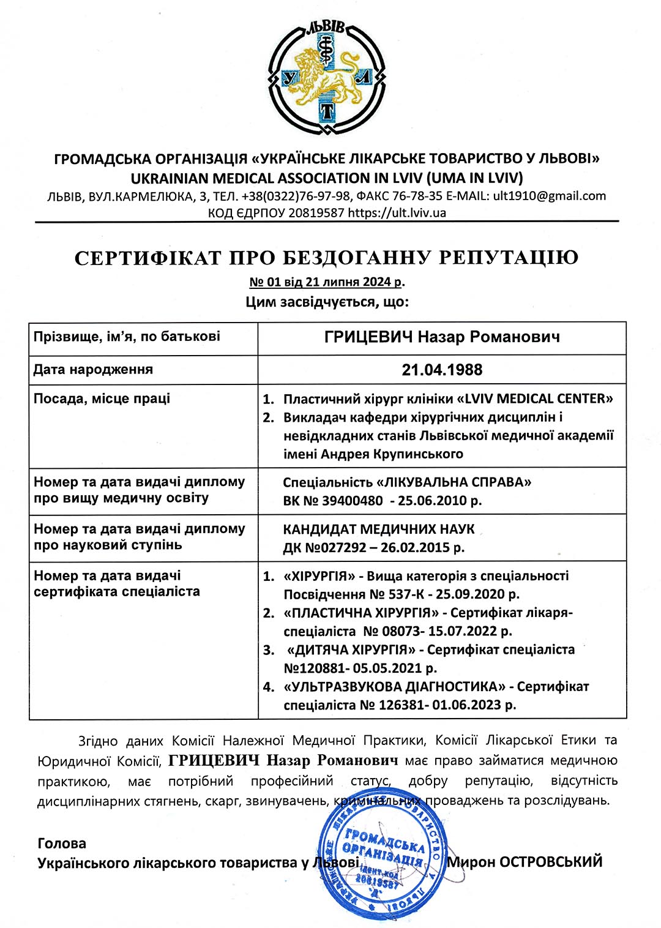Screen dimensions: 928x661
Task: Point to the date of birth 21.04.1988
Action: pos(442,370)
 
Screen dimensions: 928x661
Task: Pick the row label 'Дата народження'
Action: pos(93,370)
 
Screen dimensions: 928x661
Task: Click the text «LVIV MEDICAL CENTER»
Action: pos(535,399)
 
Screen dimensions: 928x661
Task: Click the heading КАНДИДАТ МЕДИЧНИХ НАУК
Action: pos(379,529)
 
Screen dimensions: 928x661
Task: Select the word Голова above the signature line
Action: pos(62,844)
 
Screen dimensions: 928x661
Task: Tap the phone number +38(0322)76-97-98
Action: pos(296,196)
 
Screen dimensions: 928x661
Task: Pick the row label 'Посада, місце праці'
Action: pos(102,399)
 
